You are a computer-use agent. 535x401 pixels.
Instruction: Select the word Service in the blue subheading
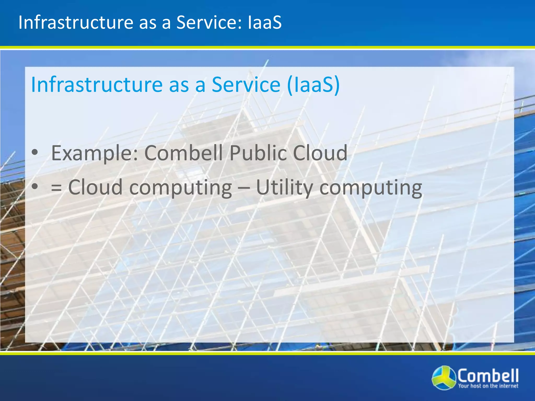246,85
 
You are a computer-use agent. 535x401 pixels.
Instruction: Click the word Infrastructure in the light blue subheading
97,85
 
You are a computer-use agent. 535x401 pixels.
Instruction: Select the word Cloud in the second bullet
95,187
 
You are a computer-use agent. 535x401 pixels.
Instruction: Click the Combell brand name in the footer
487,375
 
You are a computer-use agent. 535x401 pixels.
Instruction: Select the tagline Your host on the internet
488,386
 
